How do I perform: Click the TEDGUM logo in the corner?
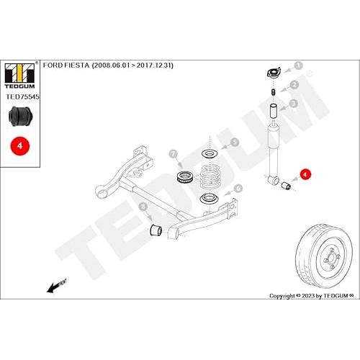click(20, 76)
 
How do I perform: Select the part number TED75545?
click(22, 96)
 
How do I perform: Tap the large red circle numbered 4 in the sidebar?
click(20, 146)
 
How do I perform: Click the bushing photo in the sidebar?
click(20, 116)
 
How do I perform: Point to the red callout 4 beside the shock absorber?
click(305, 174)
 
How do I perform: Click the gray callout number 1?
click(298, 66)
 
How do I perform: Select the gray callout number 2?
click(294, 84)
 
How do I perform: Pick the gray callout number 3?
click(293, 104)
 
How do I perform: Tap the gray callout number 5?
click(235, 142)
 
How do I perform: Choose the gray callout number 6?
click(238, 188)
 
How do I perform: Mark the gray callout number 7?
click(174, 154)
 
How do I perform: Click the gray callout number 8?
click(143, 207)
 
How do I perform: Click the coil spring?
click(210, 177)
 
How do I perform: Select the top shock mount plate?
click(274, 73)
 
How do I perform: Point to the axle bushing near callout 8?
click(156, 230)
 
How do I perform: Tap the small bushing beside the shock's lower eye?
click(286, 185)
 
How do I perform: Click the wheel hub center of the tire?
click(331, 259)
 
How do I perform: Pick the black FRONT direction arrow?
click(56, 286)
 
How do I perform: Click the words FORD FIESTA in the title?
click(66, 66)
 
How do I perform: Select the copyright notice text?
click(312, 296)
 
